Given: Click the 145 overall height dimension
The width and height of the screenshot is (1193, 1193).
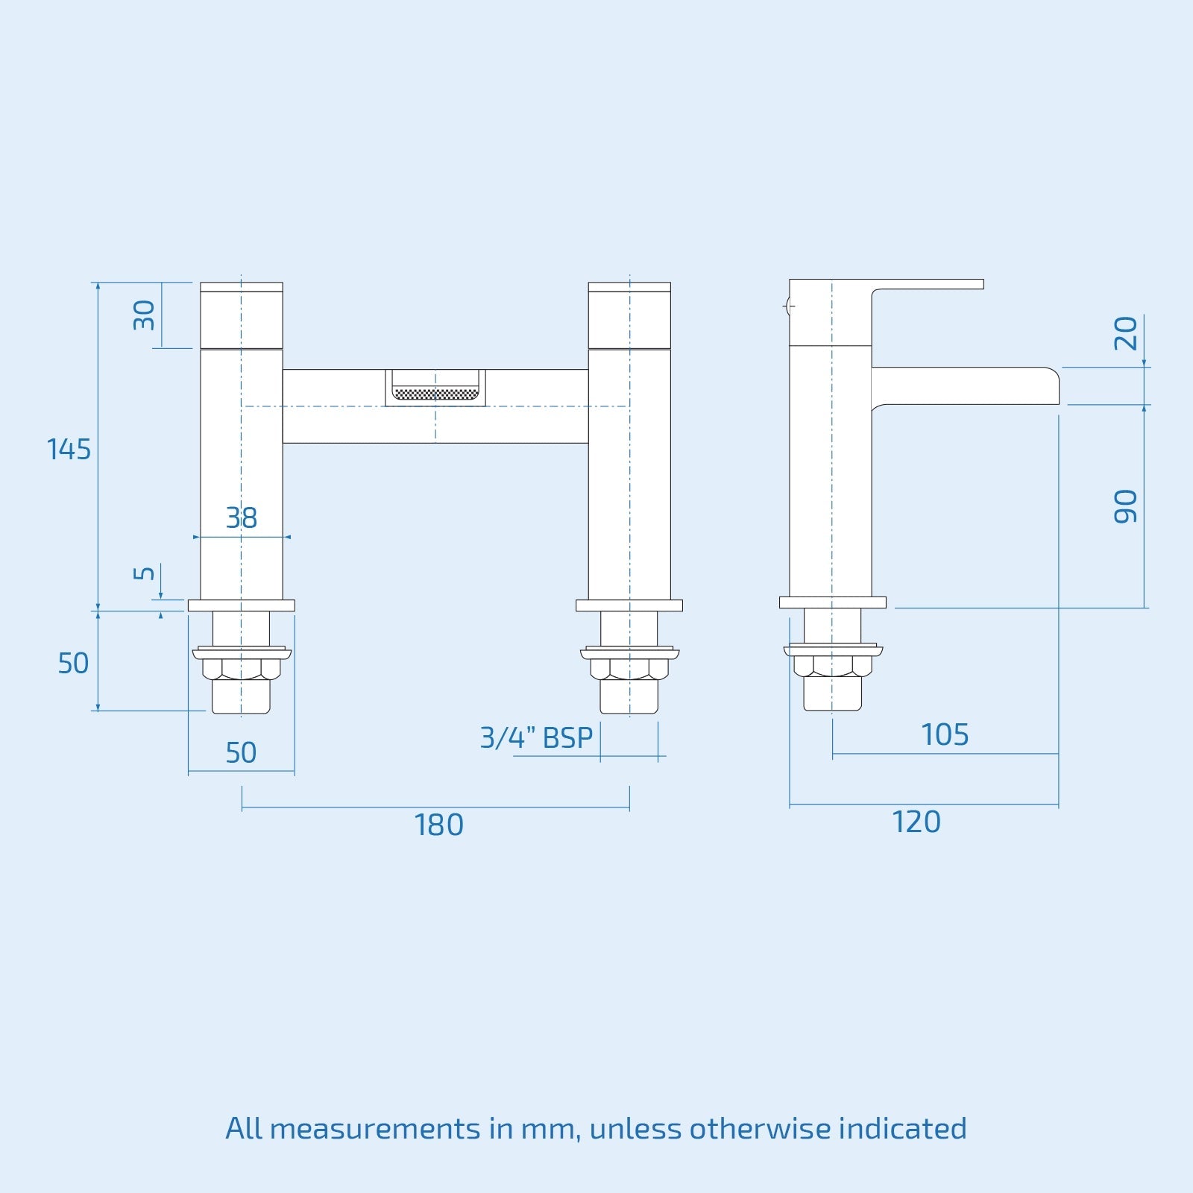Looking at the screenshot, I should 69,450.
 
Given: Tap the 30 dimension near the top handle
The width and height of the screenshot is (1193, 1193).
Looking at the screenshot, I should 144,315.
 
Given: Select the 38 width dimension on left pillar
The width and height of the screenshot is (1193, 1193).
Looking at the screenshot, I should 242,517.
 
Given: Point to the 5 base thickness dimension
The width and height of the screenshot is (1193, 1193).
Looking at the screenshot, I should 144,573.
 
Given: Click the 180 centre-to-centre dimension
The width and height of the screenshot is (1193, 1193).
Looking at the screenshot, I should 438,825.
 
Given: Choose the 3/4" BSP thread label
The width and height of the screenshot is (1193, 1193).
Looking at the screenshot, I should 536,737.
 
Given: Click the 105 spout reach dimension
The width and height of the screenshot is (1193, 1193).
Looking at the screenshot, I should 945,735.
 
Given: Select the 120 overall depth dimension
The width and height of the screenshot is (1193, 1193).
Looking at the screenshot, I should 916,822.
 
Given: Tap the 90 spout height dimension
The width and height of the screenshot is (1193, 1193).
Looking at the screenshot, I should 1126,506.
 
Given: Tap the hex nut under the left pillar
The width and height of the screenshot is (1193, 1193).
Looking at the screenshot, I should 242,668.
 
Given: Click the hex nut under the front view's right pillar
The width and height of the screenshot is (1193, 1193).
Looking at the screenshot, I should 629,668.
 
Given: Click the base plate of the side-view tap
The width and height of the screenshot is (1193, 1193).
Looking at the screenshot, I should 832,602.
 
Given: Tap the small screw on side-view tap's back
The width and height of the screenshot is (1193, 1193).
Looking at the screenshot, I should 787,305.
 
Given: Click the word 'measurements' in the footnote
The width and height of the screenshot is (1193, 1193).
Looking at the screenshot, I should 375,1128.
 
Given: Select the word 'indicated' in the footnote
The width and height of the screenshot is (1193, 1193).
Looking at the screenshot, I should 902,1128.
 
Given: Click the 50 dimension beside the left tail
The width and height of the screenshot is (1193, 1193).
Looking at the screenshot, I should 73,663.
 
